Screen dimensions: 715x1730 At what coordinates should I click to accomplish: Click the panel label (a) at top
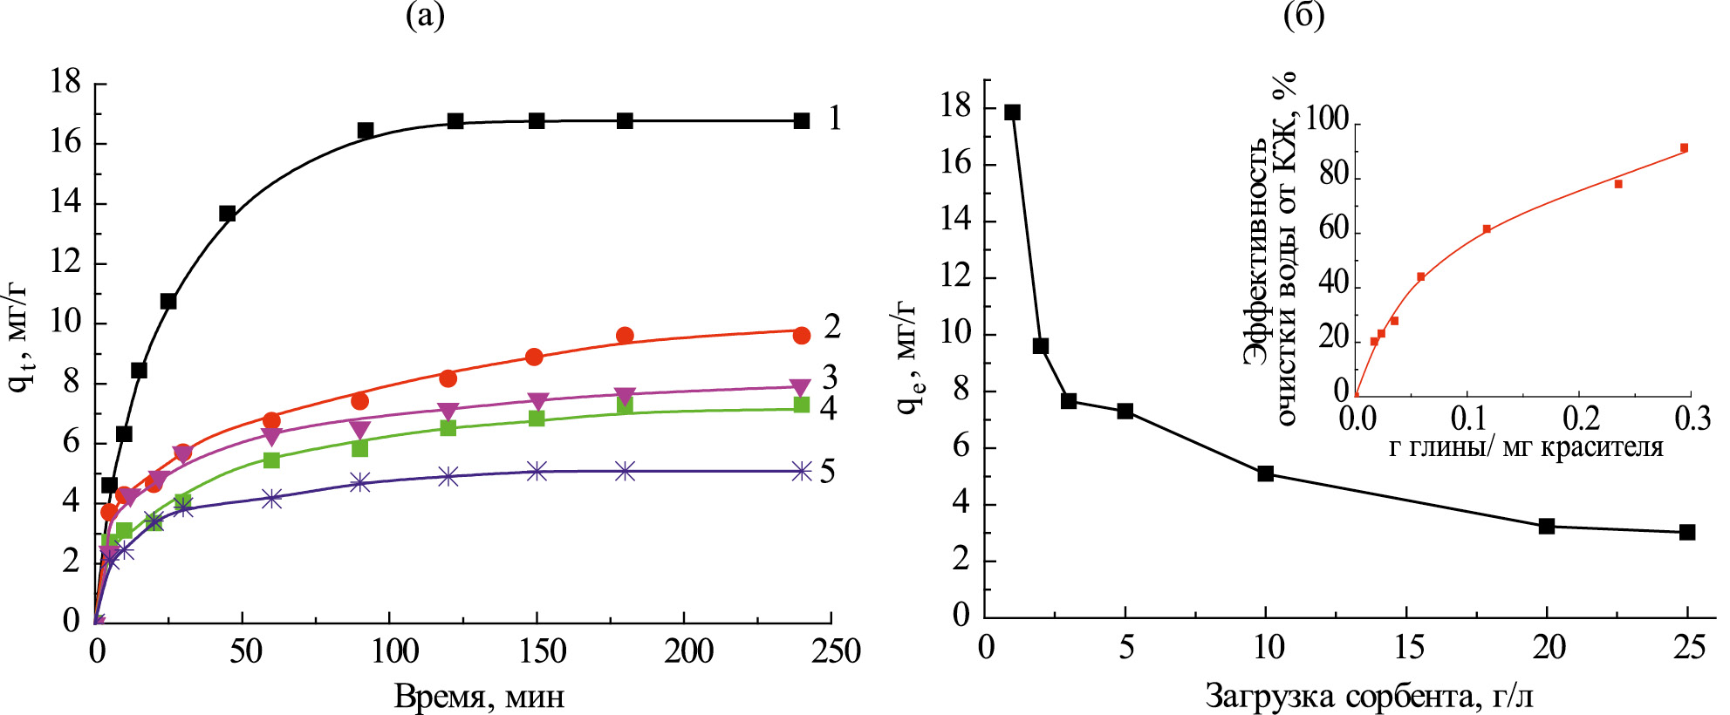click(425, 17)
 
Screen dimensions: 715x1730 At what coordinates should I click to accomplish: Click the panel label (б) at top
click(1303, 17)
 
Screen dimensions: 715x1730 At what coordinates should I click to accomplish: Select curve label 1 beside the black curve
click(835, 118)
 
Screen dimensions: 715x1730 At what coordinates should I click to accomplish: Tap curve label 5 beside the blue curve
click(827, 472)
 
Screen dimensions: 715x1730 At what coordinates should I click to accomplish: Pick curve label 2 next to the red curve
click(832, 327)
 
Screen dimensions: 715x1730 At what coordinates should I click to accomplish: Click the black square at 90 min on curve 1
click(366, 131)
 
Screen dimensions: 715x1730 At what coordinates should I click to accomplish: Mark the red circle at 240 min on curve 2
click(802, 336)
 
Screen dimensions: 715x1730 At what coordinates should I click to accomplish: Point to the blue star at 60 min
click(272, 499)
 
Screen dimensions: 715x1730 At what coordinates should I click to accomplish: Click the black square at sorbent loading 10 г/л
click(1266, 473)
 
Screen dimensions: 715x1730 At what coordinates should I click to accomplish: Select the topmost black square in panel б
click(1012, 112)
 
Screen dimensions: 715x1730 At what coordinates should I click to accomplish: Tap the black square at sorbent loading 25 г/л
click(1687, 532)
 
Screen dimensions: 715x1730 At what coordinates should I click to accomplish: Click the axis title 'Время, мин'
click(479, 697)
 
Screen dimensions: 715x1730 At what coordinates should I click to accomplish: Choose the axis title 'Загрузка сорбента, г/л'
click(1370, 697)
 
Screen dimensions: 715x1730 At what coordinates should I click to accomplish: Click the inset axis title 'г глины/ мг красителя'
click(1526, 448)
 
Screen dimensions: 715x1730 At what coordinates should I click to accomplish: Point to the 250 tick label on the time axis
click(835, 651)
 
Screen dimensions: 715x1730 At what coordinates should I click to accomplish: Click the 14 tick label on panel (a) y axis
click(65, 203)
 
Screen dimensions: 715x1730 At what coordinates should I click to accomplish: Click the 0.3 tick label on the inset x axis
click(1692, 419)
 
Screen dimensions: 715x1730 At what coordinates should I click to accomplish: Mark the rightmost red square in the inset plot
click(1684, 148)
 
